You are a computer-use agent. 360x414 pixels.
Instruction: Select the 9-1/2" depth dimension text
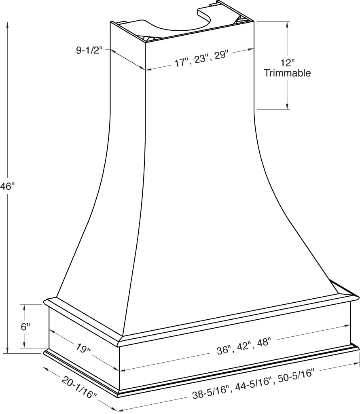[90, 50]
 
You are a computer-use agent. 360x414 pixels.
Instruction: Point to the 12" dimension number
[287, 63]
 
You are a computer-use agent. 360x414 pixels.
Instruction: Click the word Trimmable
[287, 73]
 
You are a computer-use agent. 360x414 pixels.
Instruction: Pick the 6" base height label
[25, 326]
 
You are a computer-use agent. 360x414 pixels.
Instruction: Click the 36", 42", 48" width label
[243, 347]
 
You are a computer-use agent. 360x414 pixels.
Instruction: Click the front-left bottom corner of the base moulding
[118, 395]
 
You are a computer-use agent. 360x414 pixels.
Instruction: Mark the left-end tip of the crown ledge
[44, 301]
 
